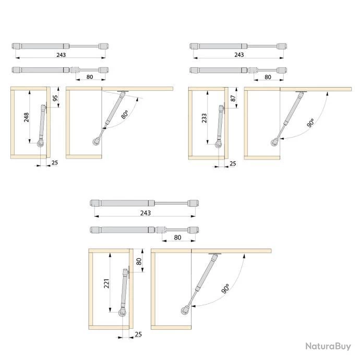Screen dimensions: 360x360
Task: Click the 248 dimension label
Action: coord(27,117)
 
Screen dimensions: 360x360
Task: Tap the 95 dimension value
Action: coord(55,98)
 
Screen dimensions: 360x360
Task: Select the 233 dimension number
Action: coord(204,118)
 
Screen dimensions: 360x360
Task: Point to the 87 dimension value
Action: coord(233,99)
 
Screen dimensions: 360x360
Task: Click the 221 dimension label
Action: coord(106,283)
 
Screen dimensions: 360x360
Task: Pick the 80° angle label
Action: coord(125,114)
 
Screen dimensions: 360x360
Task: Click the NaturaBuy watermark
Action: coord(328,346)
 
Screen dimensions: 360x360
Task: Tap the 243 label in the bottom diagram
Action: coord(146,213)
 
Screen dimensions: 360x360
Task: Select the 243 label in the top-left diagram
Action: coord(61,55)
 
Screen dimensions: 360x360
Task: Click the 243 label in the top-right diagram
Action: coord(239,55)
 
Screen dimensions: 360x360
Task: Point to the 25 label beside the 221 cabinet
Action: coord(138,334)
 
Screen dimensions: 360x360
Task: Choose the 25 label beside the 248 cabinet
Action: coord(55,163)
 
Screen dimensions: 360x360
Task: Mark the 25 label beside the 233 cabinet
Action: coord(233,163)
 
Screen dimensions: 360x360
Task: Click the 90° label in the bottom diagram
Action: coord(226,289)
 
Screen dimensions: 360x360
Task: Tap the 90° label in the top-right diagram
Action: coord(310,123)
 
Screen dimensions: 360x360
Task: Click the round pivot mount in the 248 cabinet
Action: coord(41,144)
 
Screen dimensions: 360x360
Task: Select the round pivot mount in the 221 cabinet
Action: coord(123,313)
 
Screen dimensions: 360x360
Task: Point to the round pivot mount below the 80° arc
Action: coord(96,142)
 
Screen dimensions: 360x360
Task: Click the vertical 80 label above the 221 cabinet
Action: coord(139,261)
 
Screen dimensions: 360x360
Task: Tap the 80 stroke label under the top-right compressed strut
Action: coord(268,77)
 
